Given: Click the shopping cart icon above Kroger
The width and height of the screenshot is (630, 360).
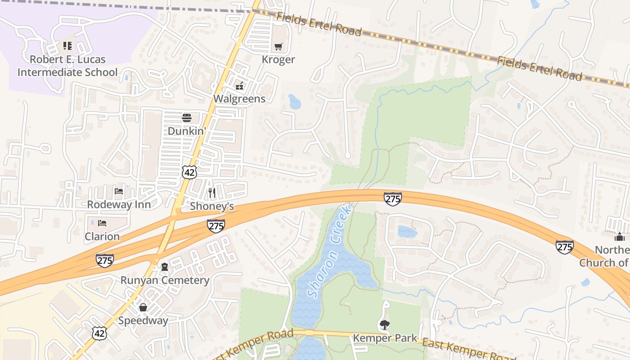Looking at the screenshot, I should (279, 46).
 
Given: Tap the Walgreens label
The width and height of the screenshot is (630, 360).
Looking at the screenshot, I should (239, 99).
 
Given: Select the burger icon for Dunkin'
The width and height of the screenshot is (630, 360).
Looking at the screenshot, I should (186, 118).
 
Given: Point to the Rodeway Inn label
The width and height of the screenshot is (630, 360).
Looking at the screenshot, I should (119, 204).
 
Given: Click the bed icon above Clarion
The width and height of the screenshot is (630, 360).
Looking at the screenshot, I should (103, 223).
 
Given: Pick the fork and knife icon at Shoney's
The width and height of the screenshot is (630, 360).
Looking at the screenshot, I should (212, 193).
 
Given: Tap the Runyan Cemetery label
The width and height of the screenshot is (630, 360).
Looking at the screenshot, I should (165, 280).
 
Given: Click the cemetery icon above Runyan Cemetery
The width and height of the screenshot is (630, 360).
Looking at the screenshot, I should (165, 267).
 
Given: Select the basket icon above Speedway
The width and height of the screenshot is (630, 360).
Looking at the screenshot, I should (143, 307).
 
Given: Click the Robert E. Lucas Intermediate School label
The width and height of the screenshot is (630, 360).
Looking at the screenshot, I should (67, 66).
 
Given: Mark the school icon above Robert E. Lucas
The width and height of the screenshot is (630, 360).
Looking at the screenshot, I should (67, 45).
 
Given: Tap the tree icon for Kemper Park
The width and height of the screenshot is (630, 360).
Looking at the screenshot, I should (384, 324).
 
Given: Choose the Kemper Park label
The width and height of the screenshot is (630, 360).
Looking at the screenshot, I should (384, 338).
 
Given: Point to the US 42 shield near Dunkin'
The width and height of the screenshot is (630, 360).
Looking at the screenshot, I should (189, 171).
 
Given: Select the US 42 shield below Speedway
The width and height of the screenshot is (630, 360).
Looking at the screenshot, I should (99, 333).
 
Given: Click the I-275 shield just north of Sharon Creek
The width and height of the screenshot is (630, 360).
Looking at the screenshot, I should (392, 198).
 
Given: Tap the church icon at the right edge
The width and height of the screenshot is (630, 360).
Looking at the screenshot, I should (620, 237).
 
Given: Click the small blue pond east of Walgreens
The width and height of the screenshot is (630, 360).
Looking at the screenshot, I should (295, 102).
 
